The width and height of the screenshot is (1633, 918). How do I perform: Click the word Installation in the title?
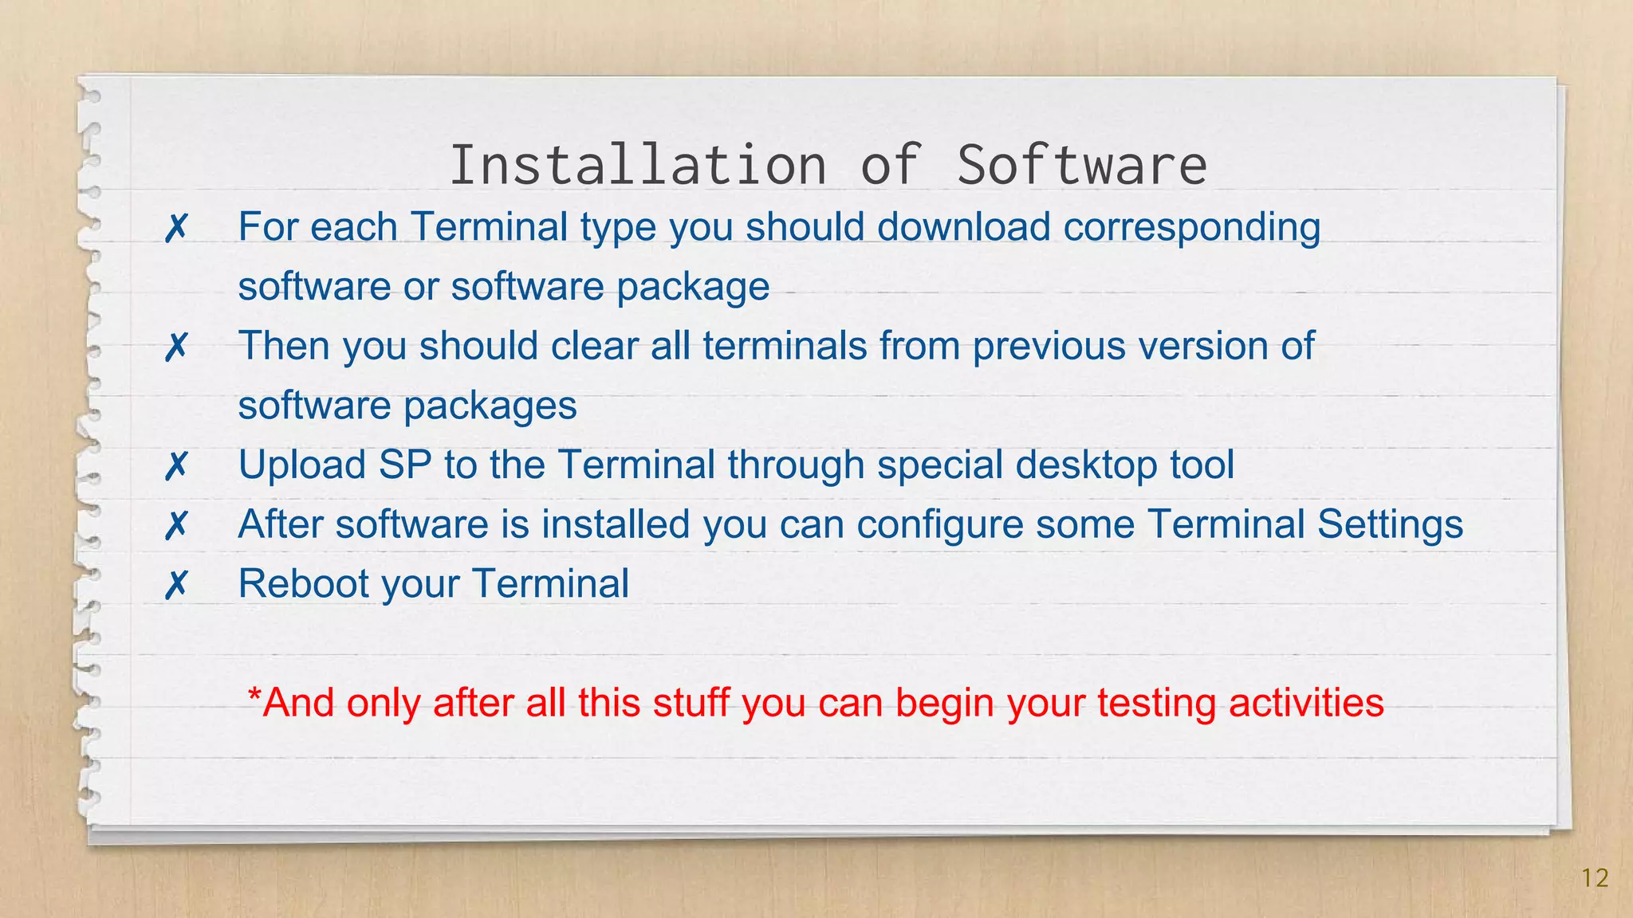tap(638, 165)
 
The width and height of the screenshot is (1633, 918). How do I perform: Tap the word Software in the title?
tap(1082, 165)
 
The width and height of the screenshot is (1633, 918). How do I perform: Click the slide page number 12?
tap(1595, 878)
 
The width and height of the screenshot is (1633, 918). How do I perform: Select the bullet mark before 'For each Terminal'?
tap(176, 229)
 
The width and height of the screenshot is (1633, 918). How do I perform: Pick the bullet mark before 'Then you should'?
tap(176, 347)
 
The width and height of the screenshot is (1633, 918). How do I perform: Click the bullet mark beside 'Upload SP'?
tap(176, 466)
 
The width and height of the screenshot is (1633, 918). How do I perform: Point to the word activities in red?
tap(1306, 703)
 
